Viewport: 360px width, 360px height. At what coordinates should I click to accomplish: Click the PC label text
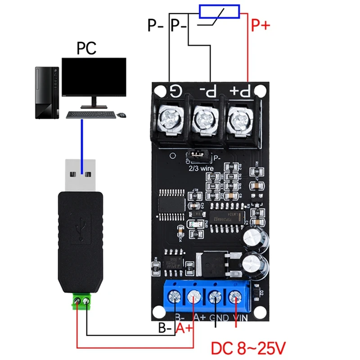point(86,48)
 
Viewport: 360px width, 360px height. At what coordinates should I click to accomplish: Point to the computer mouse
point(121,115)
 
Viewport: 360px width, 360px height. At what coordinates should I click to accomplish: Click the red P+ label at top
point(260,26)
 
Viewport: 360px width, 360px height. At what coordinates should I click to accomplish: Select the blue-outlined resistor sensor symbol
point(220,11)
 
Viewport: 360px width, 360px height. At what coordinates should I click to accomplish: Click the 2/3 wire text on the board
point(202,168)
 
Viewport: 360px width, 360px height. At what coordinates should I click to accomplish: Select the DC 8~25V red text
point(248,348)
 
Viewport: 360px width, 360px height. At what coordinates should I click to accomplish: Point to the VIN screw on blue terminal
point(234,297)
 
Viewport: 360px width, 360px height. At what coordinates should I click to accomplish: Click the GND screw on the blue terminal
point(215,297)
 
